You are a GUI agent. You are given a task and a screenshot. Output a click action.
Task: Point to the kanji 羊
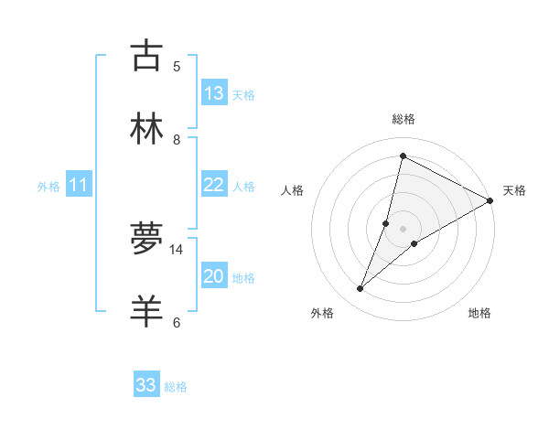point(146,311)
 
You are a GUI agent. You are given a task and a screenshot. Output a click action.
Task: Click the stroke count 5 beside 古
point(177,66)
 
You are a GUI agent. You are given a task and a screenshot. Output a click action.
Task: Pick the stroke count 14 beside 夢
point(177,249)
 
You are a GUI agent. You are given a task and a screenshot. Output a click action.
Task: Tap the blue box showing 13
point(213,93)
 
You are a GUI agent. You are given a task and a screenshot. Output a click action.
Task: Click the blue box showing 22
point(213,186)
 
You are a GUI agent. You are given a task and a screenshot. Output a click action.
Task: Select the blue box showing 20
point(213,277)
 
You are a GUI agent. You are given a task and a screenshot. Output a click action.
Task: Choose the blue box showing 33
point(146,385)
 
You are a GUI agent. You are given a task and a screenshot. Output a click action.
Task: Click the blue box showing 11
point(78,186)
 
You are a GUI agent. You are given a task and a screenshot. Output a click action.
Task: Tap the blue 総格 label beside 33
point(176,387)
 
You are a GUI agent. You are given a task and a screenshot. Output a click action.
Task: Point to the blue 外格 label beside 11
point(48,187)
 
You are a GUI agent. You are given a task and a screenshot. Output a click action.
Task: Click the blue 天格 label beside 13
point(242,95)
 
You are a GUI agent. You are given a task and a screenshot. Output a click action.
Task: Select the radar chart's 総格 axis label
point(403,119)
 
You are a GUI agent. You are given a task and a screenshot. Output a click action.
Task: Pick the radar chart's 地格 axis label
point(479,313)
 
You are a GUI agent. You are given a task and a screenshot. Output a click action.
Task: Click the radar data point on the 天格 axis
point(490,201)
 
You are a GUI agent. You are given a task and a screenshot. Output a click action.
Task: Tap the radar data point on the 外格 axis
point(361,289)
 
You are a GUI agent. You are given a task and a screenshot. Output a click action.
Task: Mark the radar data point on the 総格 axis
point(403,156)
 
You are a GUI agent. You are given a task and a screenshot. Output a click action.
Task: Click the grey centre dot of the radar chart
point(403,228)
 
